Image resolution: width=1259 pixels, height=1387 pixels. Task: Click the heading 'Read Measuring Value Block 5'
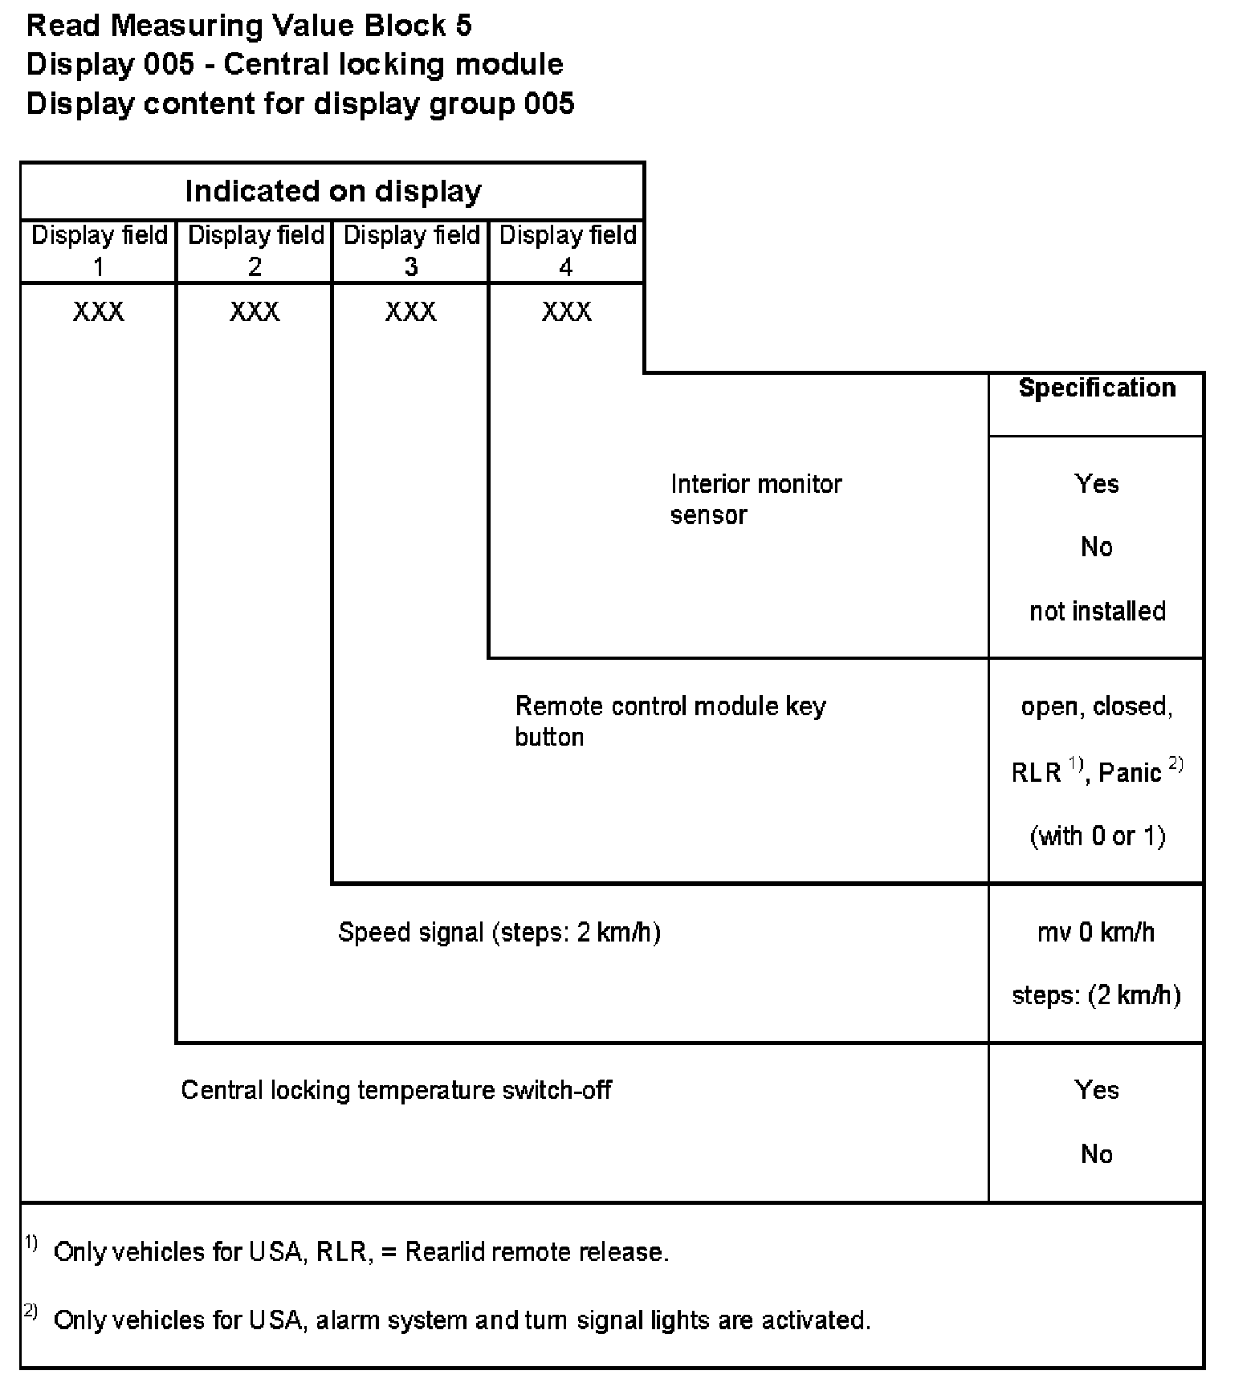[x=249, y=26]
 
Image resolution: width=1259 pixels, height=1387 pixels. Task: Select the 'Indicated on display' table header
[x=332, y=191]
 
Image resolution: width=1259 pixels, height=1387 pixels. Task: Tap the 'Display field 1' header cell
[x=99, y=250]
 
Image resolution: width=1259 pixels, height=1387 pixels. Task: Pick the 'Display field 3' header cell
[x=411, y=250]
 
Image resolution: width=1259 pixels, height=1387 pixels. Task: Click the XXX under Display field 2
[x=255, y=311]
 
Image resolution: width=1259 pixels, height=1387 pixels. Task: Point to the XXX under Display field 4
[x=566, y=311]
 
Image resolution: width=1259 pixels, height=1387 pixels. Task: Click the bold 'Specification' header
[x=1096, y=388]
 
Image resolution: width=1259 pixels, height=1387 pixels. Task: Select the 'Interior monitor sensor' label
[x=755, y=498]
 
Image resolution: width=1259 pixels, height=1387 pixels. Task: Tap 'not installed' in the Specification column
[x=1097, y=612]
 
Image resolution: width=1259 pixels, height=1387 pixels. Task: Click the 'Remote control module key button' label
[x=670, y=721]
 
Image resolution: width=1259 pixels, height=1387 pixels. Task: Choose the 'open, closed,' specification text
[x=1096, y=707]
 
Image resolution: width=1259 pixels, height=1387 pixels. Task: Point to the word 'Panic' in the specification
[x=1130, y=773]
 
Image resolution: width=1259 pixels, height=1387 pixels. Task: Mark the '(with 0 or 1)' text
[x=1097, y=836]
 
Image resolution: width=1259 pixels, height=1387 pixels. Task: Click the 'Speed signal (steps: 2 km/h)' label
[x=499, y=933]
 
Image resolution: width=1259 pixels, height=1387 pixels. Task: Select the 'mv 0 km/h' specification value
[x=1096, y=933]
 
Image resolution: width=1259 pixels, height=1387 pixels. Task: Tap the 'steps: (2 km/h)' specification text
[x=1096, y=996]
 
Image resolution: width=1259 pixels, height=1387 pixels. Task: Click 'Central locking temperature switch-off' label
[x=396, y=1091]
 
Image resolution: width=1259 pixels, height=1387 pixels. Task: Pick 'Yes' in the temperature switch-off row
[x=1096, y=1091]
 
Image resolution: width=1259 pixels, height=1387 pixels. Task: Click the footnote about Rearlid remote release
[x=361, y=1252]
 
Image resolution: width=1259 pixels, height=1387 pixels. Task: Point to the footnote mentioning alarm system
[x=462, y=1320]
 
